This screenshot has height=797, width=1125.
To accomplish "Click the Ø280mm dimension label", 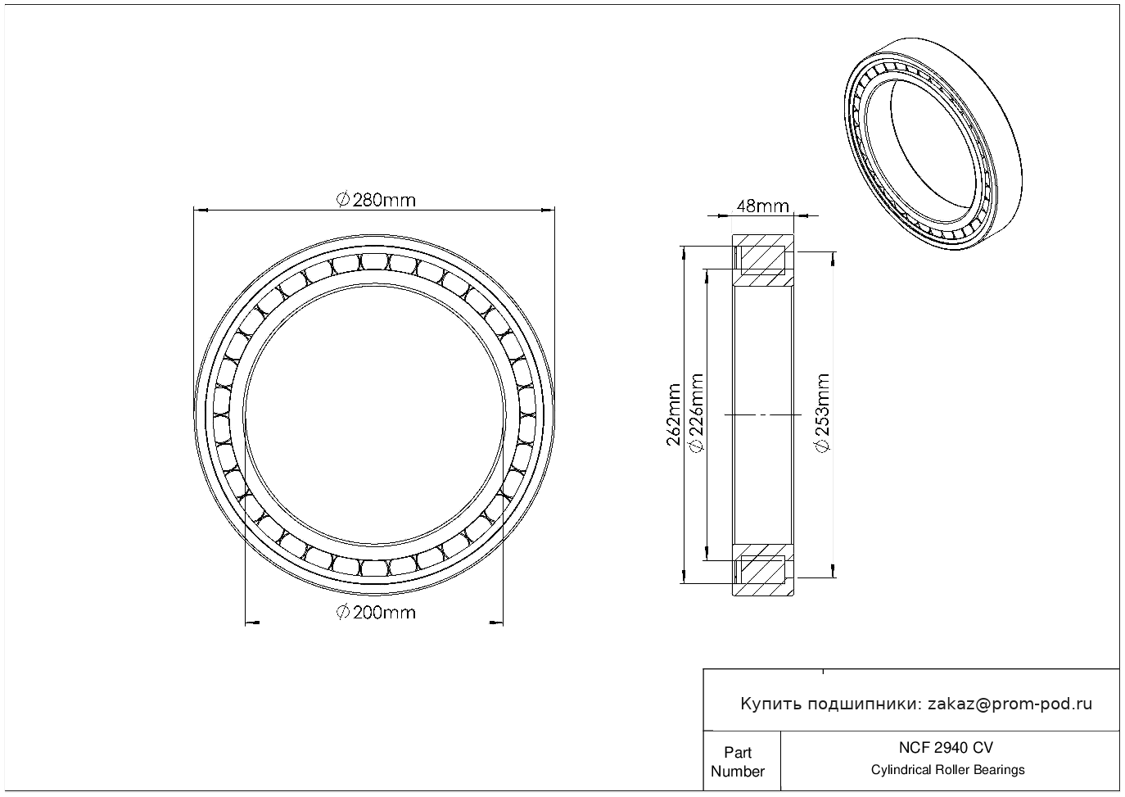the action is point(376,200).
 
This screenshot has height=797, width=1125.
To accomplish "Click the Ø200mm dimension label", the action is point(376,613).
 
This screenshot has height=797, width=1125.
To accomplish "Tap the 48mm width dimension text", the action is point(762,206).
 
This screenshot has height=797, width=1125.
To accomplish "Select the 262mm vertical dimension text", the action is point(673,415).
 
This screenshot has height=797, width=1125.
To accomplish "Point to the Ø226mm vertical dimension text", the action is point(697,413).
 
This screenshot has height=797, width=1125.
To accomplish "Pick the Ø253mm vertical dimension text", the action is point(822,413).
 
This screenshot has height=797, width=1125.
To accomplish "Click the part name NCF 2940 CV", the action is point(946,748).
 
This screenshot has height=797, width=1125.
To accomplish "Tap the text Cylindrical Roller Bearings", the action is point(947,770).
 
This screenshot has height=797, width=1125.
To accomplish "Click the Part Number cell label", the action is point(737,762).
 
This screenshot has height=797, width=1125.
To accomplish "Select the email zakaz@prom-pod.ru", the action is point(1010,704).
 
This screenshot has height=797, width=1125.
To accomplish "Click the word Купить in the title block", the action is point(771,704).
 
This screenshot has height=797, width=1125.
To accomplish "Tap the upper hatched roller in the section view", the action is point(763,260).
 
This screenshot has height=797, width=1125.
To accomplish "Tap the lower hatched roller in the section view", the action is point(763,570).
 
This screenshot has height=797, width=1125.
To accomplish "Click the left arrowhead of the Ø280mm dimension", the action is point(201,210).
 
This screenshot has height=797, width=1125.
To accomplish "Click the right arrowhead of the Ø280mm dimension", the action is point(548,210).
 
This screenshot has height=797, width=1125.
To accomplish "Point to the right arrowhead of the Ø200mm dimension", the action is point(496,623).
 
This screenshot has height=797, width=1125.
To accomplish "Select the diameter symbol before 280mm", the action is point(343,200).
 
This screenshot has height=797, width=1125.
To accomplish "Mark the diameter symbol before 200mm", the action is point(343,613).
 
